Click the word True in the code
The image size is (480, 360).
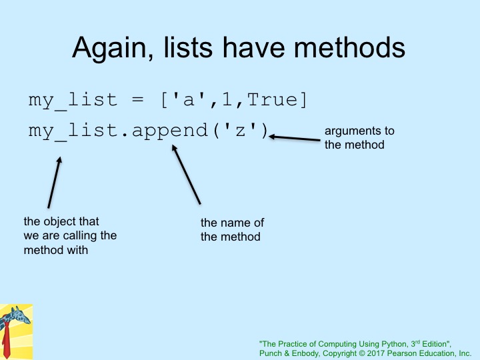click(272, 100)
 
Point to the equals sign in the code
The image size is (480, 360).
click(137, 99)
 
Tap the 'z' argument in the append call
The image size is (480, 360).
click(240, 130)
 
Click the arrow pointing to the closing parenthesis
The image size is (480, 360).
click(295, 139)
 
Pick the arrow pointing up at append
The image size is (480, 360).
click(186, 174)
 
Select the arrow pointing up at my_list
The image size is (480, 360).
click(55, 183)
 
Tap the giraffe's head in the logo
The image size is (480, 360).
click(21, 315)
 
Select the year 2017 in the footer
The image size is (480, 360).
click(375, 353)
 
